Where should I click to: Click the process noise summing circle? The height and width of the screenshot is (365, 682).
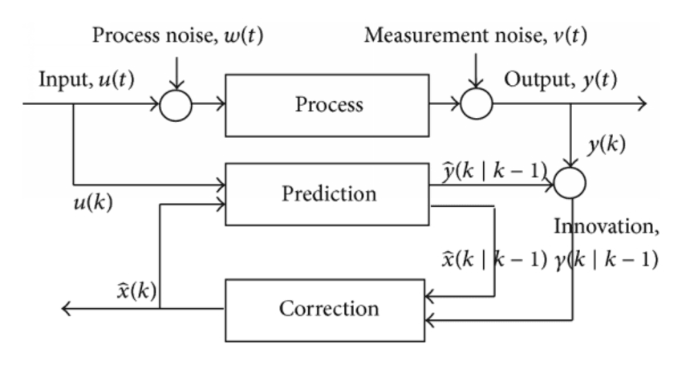(x=176, y=105)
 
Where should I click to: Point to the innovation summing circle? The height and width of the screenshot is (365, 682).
(x=568, y=185)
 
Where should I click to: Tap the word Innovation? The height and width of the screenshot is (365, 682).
(x=607, y=226)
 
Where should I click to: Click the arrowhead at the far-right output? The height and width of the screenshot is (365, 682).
(x=641, y=105)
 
